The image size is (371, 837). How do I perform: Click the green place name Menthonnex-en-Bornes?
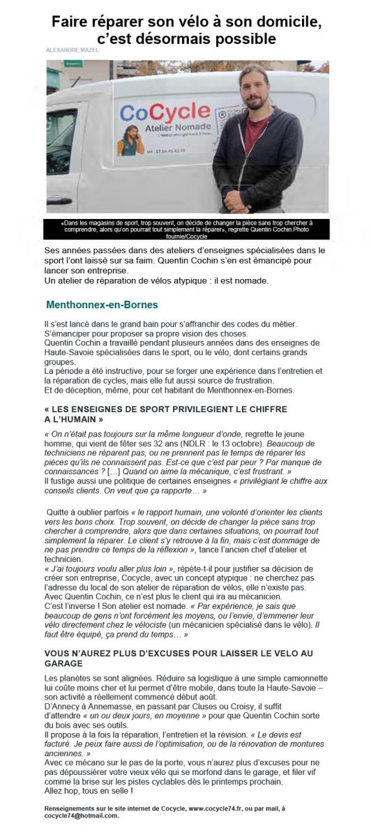click(102, 305)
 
